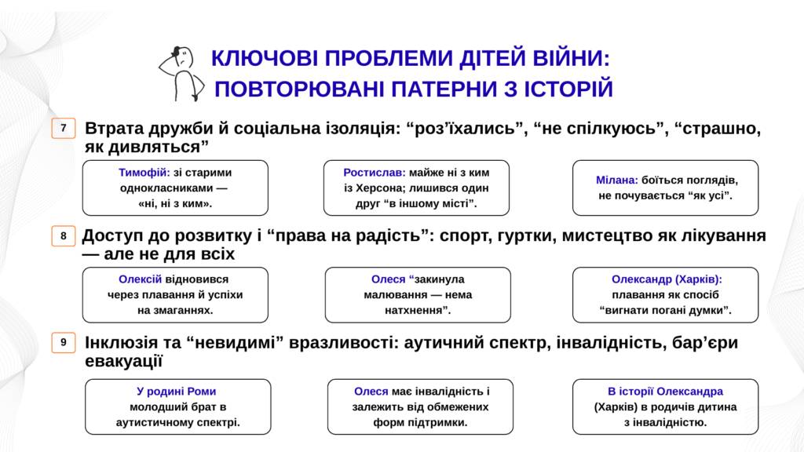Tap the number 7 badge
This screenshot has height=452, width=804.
[x=64, y=128]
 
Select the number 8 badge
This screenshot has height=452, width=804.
[x=64, y=235]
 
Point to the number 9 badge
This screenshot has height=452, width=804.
[x=64, y=342]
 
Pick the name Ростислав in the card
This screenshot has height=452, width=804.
[x=375, y=173]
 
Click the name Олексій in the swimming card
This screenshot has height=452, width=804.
[x=140, y=279]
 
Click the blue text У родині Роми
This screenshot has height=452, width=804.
[x=176, y=392]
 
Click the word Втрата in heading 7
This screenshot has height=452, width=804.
[x=114, y=128]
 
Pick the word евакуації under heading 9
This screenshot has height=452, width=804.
[x=123, y=361]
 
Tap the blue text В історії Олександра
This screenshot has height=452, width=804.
[x=665, y=392]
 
